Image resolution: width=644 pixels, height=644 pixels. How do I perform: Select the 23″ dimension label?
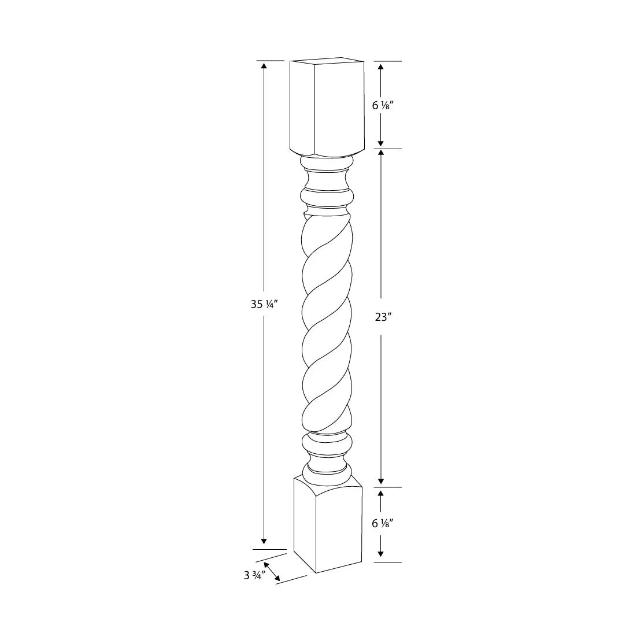pyautogui.click(x=382, y=317)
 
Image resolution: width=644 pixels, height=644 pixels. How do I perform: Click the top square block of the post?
pyautogui.click(x=327, y=107)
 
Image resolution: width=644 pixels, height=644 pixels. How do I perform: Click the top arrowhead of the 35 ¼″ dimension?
pyautogui.click(x=264, y=66)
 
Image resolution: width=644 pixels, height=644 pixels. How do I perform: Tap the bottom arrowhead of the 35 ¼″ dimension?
pyautogui.click(x=264, y=541)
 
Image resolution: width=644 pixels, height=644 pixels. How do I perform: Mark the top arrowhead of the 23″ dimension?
pyautogui.click(x=381, y=153)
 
